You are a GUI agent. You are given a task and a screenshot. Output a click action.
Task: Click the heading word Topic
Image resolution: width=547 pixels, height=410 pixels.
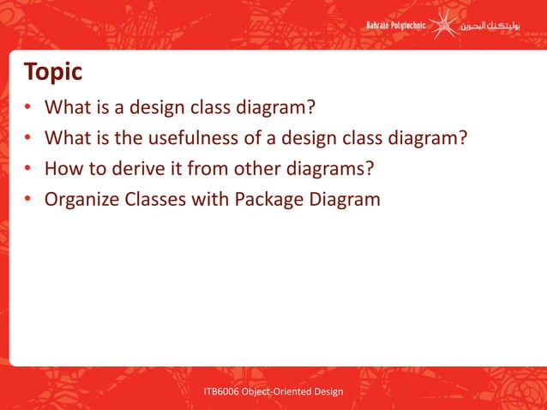click(x=53, y=72)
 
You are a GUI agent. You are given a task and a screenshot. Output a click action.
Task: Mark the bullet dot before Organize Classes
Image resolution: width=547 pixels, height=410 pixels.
click(x=28, y=201)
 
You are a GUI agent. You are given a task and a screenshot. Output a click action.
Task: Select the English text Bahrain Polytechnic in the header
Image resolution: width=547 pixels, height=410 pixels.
click(x=396, y=26)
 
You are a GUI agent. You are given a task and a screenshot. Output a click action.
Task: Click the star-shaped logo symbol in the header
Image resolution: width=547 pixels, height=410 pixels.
click(x=443, y=25)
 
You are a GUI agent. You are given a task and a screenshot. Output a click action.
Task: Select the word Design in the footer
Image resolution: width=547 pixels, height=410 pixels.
click(x=327, y=392)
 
